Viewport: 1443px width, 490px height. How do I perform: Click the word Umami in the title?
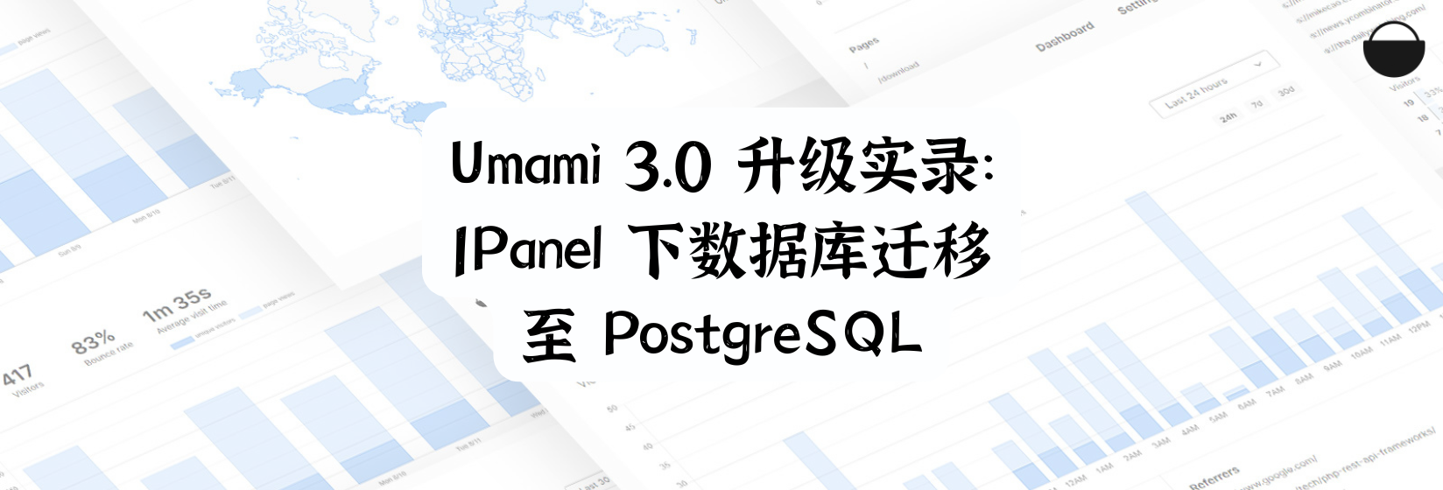point(524,164)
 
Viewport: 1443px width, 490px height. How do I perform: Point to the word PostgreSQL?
point(762,335)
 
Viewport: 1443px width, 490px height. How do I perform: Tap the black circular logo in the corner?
point(1394,49)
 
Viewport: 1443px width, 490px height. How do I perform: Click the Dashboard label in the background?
point(1065,37)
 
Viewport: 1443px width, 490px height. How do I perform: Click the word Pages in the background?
point(863,45)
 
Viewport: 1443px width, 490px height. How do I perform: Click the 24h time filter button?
point(1228,115)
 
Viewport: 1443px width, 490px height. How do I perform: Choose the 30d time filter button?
point(1285,91)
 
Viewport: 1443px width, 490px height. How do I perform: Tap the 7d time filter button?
point(1256,104)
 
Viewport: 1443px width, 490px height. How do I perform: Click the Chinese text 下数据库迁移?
point(810,251)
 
